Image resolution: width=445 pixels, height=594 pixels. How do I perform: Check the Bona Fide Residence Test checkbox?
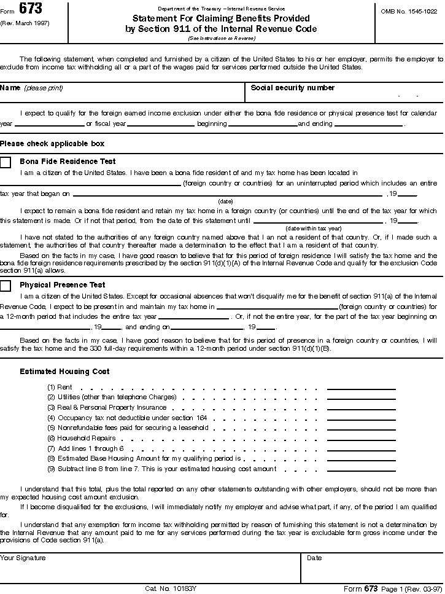(6, 162)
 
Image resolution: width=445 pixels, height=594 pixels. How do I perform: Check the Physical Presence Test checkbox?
(6, 286)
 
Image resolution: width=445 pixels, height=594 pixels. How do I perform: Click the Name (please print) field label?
(31, 88)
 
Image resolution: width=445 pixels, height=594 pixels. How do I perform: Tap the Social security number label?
(292, 88)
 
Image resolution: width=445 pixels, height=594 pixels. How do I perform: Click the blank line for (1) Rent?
(361, 388)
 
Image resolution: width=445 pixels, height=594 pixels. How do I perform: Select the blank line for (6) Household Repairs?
(361, 439)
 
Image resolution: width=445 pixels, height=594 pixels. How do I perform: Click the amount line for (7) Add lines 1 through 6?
(361, 450)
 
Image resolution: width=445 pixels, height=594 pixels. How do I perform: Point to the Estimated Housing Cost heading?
(64, 372)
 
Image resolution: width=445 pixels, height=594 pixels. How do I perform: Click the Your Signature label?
(23, 558)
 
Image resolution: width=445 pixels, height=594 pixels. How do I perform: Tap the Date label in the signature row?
(314, 558)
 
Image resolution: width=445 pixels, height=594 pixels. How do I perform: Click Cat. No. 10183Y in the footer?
(171, 588)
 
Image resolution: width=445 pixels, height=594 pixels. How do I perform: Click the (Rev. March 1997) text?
(25, 23)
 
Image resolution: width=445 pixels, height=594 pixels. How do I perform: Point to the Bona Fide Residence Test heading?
(68, 162)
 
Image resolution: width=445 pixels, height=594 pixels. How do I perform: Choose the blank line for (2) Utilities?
(361, 398)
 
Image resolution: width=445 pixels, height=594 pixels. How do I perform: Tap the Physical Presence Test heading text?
(63, 285)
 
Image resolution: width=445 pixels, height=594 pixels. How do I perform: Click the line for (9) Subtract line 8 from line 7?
(361, 470)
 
